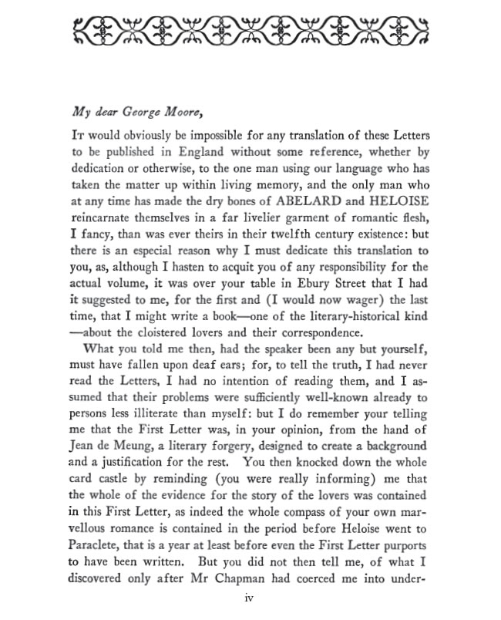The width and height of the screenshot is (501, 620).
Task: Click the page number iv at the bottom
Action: [250, 597]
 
